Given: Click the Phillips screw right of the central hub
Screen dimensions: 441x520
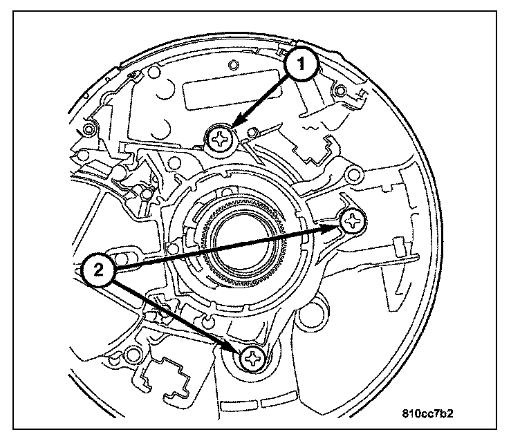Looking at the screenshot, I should (x=354, y=220).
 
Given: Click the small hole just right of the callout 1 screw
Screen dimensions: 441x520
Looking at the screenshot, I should (x=253, y=131).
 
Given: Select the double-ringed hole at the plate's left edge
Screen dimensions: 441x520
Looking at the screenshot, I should (x=89, y=129).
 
